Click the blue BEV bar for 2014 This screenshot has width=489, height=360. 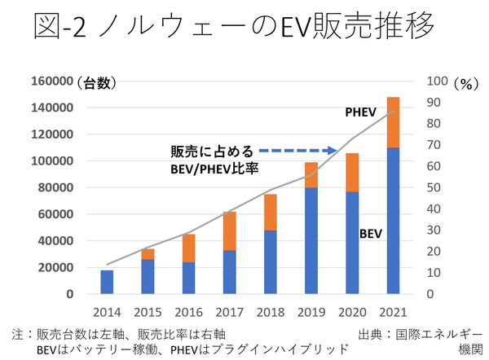pyautogui.click(x=108, y=282)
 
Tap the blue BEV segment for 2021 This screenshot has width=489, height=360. pyautogui.click(x=393, y=221)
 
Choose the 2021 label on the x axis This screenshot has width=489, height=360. pyautogui.click(x=392, y=313)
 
